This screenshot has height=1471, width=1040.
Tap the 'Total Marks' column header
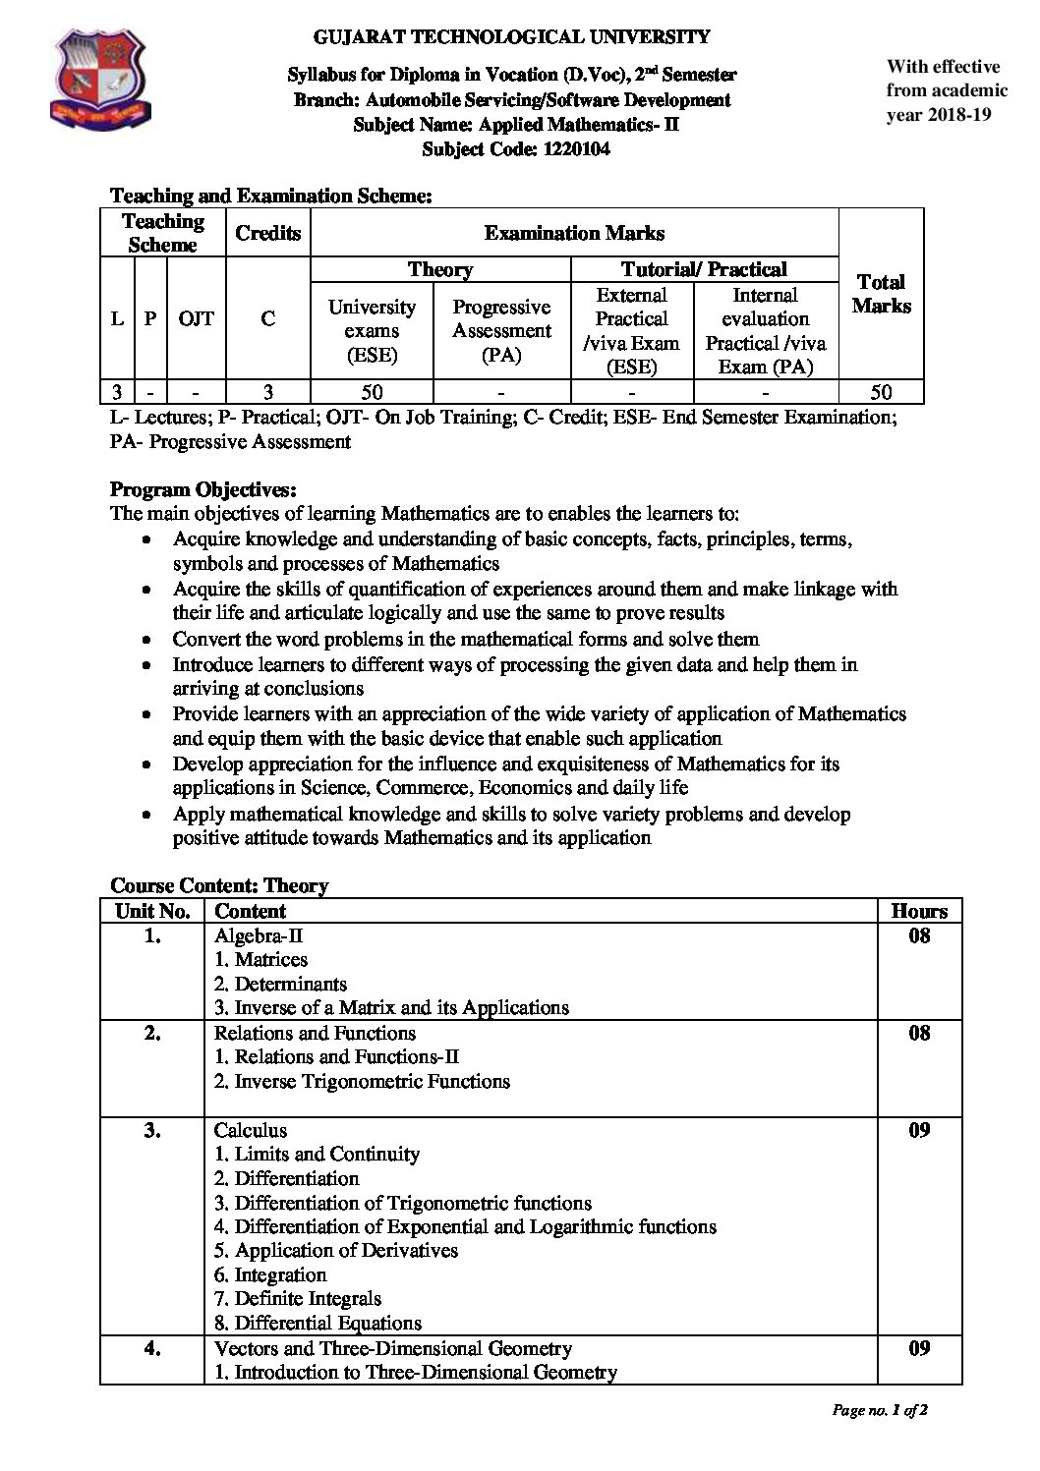pos(881,294)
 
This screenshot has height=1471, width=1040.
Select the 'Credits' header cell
pos(267,233)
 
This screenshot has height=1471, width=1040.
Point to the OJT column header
pos(197,318)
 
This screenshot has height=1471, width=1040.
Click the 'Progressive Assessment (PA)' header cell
pos(501,330)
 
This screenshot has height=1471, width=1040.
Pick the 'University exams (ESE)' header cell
pos(372,330)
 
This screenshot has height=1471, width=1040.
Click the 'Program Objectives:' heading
pos(203,489)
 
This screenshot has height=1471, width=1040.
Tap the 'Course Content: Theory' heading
pos(219,885)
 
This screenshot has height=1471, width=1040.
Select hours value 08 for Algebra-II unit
pos(919,935)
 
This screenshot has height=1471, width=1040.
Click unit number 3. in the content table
pos(152,1130)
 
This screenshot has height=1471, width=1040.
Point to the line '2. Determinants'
pos(280,984)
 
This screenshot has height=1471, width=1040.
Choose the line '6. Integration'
pos(270,1274)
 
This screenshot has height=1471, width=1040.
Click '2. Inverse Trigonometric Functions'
pos(362,1081)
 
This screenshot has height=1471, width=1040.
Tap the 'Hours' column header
pos(919,911)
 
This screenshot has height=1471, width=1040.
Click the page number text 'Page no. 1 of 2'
pos(880,1410)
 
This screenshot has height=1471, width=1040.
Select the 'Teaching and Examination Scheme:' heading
pos(271,196)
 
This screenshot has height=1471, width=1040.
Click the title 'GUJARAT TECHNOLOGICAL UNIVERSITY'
pos(511,37)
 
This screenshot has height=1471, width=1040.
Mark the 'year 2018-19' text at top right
pos(939,114)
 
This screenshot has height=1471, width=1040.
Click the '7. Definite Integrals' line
pos(298,1298)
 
